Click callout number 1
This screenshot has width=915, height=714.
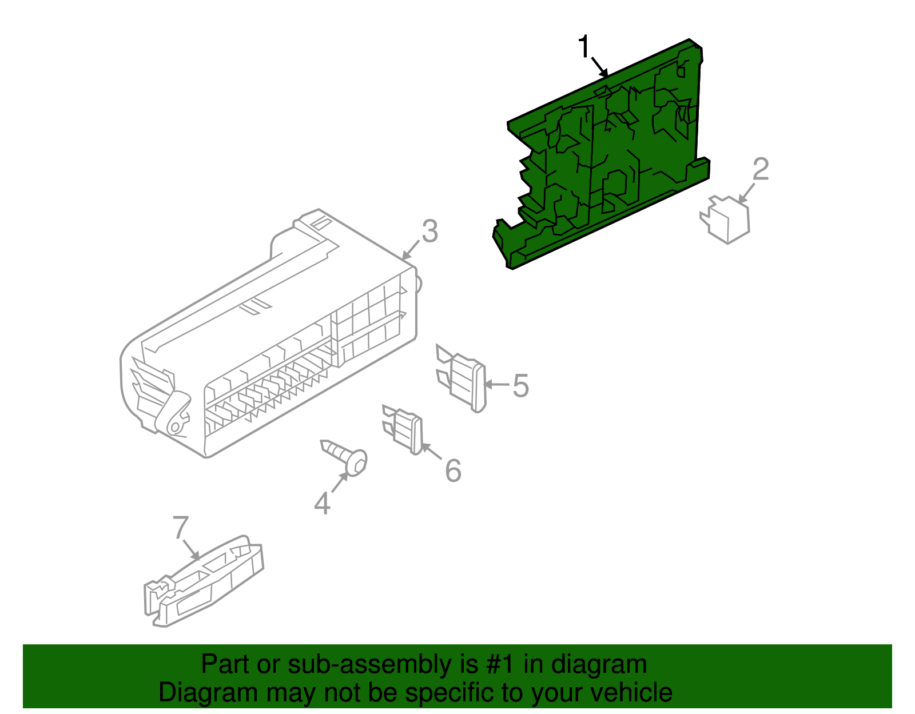point(583,47)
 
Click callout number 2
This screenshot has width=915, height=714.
point(761,169)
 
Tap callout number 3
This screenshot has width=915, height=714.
point(429,232)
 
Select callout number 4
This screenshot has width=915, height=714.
point(323,504)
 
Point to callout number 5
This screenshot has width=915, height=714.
point(520,386)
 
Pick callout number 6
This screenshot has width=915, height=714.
point(453,471)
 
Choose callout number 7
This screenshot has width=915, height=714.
point(180,527)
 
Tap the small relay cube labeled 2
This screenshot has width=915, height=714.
point(726,220)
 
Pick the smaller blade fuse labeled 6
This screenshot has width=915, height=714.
point(405,429)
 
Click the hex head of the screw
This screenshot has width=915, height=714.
point(357,462)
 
